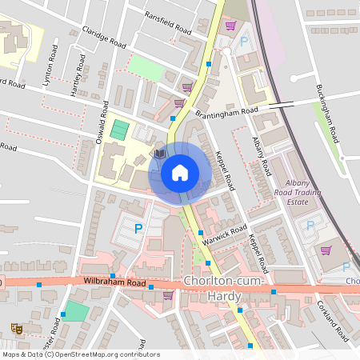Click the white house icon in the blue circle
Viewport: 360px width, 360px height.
pos(180,172)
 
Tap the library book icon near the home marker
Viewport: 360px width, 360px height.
pos(159,152)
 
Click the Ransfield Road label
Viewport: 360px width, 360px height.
pos(167,22)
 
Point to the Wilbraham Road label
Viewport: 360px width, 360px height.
pos(114,283)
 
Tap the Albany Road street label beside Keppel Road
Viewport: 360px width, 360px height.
pos(261,156)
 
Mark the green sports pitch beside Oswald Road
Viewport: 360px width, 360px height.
pos(119,129)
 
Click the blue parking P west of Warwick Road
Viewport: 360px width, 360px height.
pos(138,229)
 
